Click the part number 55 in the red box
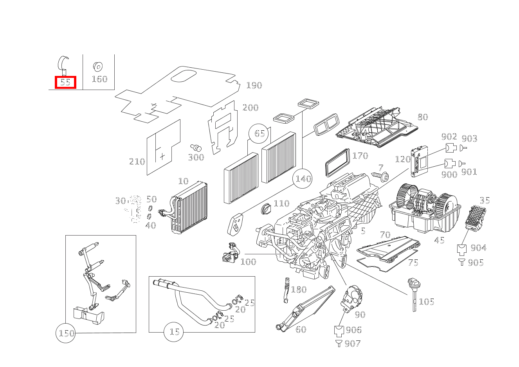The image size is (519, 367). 65,82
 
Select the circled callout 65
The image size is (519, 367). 259,133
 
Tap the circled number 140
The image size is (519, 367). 303,179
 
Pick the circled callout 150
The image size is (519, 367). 66,333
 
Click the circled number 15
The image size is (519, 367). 174,332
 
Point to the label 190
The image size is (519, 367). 254,85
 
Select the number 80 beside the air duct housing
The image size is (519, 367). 422,117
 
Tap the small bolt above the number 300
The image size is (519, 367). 196,148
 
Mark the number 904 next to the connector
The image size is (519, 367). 478,248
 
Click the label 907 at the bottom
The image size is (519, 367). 352,344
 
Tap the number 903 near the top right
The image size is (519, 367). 469,138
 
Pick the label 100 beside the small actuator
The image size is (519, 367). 248,261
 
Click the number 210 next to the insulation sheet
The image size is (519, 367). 137,161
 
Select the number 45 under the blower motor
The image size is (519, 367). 439,240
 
